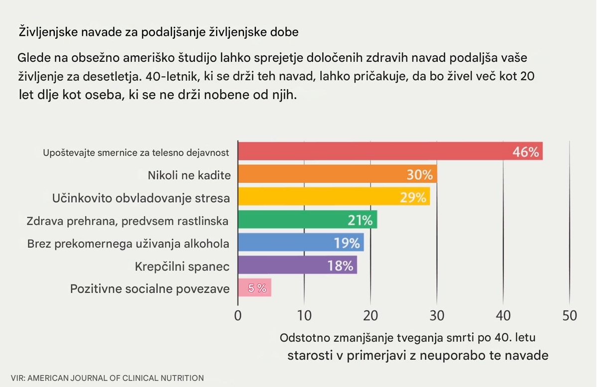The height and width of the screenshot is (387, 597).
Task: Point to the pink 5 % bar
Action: pyautogui.click(x=254, y=288)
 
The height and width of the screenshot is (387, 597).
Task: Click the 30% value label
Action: pyautogui.click(x=420, y=175)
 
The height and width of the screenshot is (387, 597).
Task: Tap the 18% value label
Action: pyautogui.click(x=340, y=265)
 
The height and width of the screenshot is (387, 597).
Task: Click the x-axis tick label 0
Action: pyautogui.click(x=238, y=315)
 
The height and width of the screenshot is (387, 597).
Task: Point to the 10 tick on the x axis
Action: pyautogui.click(x=304, y=315)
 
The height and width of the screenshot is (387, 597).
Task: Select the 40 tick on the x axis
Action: pyautogui.click(x=503, y=315)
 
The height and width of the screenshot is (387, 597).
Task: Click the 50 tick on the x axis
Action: pyautogui.click(x=569, y=315)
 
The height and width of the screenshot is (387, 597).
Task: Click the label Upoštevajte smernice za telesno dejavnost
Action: pyautogui.click(x=136, y=153)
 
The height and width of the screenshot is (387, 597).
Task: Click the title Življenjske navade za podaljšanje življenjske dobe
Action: pyautogui.click(x=158, y=33)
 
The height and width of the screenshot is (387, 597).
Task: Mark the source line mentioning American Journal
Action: pyautogui.click(x=107, y=378)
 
